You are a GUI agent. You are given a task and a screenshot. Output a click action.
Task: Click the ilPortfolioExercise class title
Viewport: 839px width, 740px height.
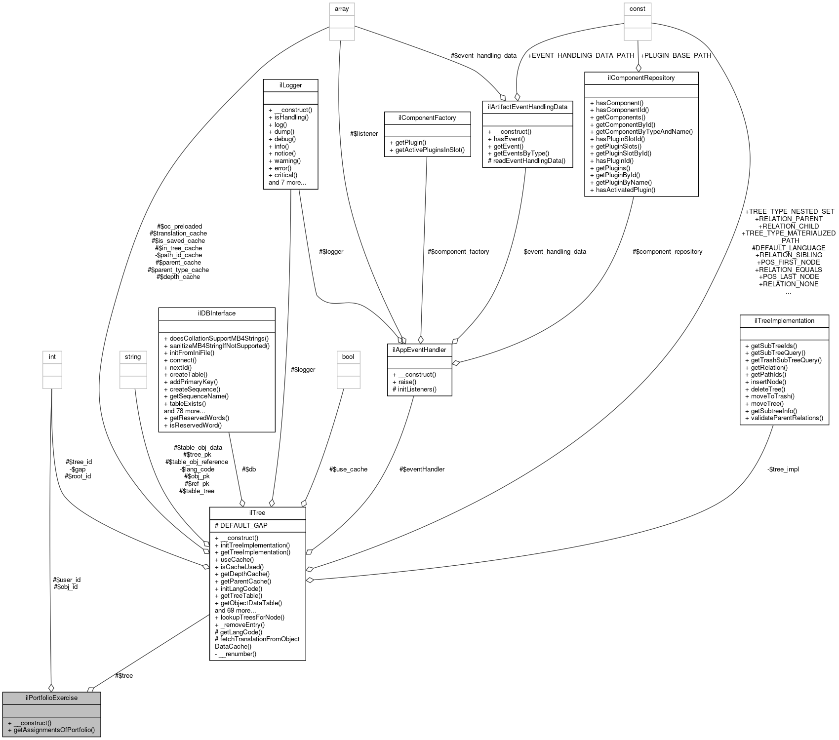[x=51, y=698]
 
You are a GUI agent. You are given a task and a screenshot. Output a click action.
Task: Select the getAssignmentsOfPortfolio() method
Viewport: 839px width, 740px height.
[x=54, y=730]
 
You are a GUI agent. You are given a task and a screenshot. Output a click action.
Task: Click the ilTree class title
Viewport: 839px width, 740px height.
[x=258, y=513]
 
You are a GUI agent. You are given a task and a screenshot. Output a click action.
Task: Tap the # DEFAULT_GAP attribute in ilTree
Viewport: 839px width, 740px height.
[x=241, y=525]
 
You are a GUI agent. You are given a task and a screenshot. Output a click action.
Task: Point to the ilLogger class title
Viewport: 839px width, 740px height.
[x=290, y=85]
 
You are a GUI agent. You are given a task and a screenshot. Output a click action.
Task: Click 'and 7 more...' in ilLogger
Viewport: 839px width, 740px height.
[x=287, y=182]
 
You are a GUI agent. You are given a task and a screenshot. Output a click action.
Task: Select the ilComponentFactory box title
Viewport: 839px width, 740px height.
[x=427, y=118]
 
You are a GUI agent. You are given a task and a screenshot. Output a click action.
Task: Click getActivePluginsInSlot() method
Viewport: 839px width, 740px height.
[x=430, y=150]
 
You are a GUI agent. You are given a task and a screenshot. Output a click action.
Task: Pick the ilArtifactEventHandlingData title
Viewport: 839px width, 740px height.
[x=527, y=107]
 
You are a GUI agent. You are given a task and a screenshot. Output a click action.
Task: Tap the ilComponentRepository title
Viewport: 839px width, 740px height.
[x=641, y=78]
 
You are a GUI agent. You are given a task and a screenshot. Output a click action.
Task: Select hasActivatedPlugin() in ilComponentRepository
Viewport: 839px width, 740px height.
[x=625, y=190]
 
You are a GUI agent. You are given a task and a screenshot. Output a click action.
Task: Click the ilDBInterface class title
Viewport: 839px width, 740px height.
[x=216, y=313]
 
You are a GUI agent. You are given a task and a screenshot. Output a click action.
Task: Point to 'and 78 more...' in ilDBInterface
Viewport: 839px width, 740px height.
[x=184, y=411]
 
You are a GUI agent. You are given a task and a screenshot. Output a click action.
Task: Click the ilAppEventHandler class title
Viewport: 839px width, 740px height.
[x=419, y=350]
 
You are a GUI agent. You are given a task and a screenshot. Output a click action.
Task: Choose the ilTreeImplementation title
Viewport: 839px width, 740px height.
[x=784, y=321]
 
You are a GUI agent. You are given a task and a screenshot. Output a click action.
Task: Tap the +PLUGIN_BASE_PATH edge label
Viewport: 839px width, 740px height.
[x=675, y=55]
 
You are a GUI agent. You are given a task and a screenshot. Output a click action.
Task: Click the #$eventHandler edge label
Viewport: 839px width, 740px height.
[x=422, y=469]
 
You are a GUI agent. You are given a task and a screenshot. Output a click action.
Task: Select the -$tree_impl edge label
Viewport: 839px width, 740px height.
[x=783, y=469]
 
